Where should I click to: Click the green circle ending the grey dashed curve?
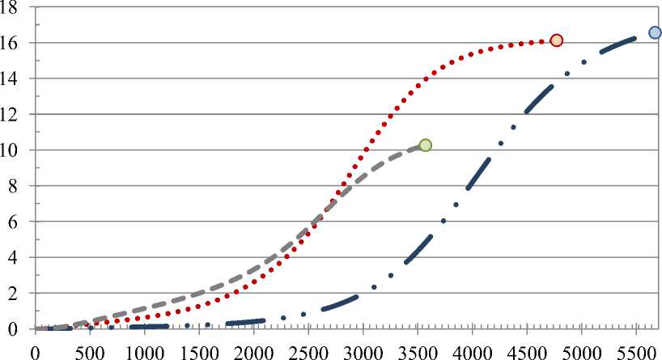point(425,146)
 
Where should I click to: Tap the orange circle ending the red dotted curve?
point(556,40)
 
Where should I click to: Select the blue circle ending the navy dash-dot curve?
point(655,32)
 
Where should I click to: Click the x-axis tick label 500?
point(90,352)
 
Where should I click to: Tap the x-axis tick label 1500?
point(199,352)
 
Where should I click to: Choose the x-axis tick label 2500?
point(308,352)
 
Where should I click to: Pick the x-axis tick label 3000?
point(363,352)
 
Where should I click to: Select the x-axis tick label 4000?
point(472,352)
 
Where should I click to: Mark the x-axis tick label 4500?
point(527,352)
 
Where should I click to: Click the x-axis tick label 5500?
point(636,352)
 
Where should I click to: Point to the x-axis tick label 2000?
point(253,352)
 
